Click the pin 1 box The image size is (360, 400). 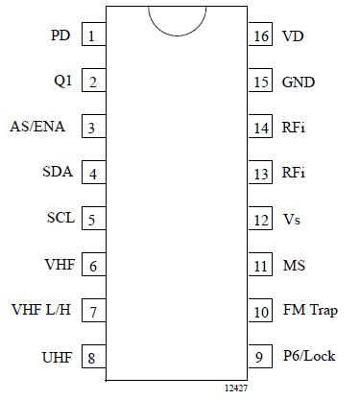click(92, 36)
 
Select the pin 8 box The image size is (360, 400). click(92, 357)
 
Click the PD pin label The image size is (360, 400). click(60, 36)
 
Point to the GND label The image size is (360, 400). click(299, 82)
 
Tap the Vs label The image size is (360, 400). click(291, 220)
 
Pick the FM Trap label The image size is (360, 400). click(310, 311)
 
